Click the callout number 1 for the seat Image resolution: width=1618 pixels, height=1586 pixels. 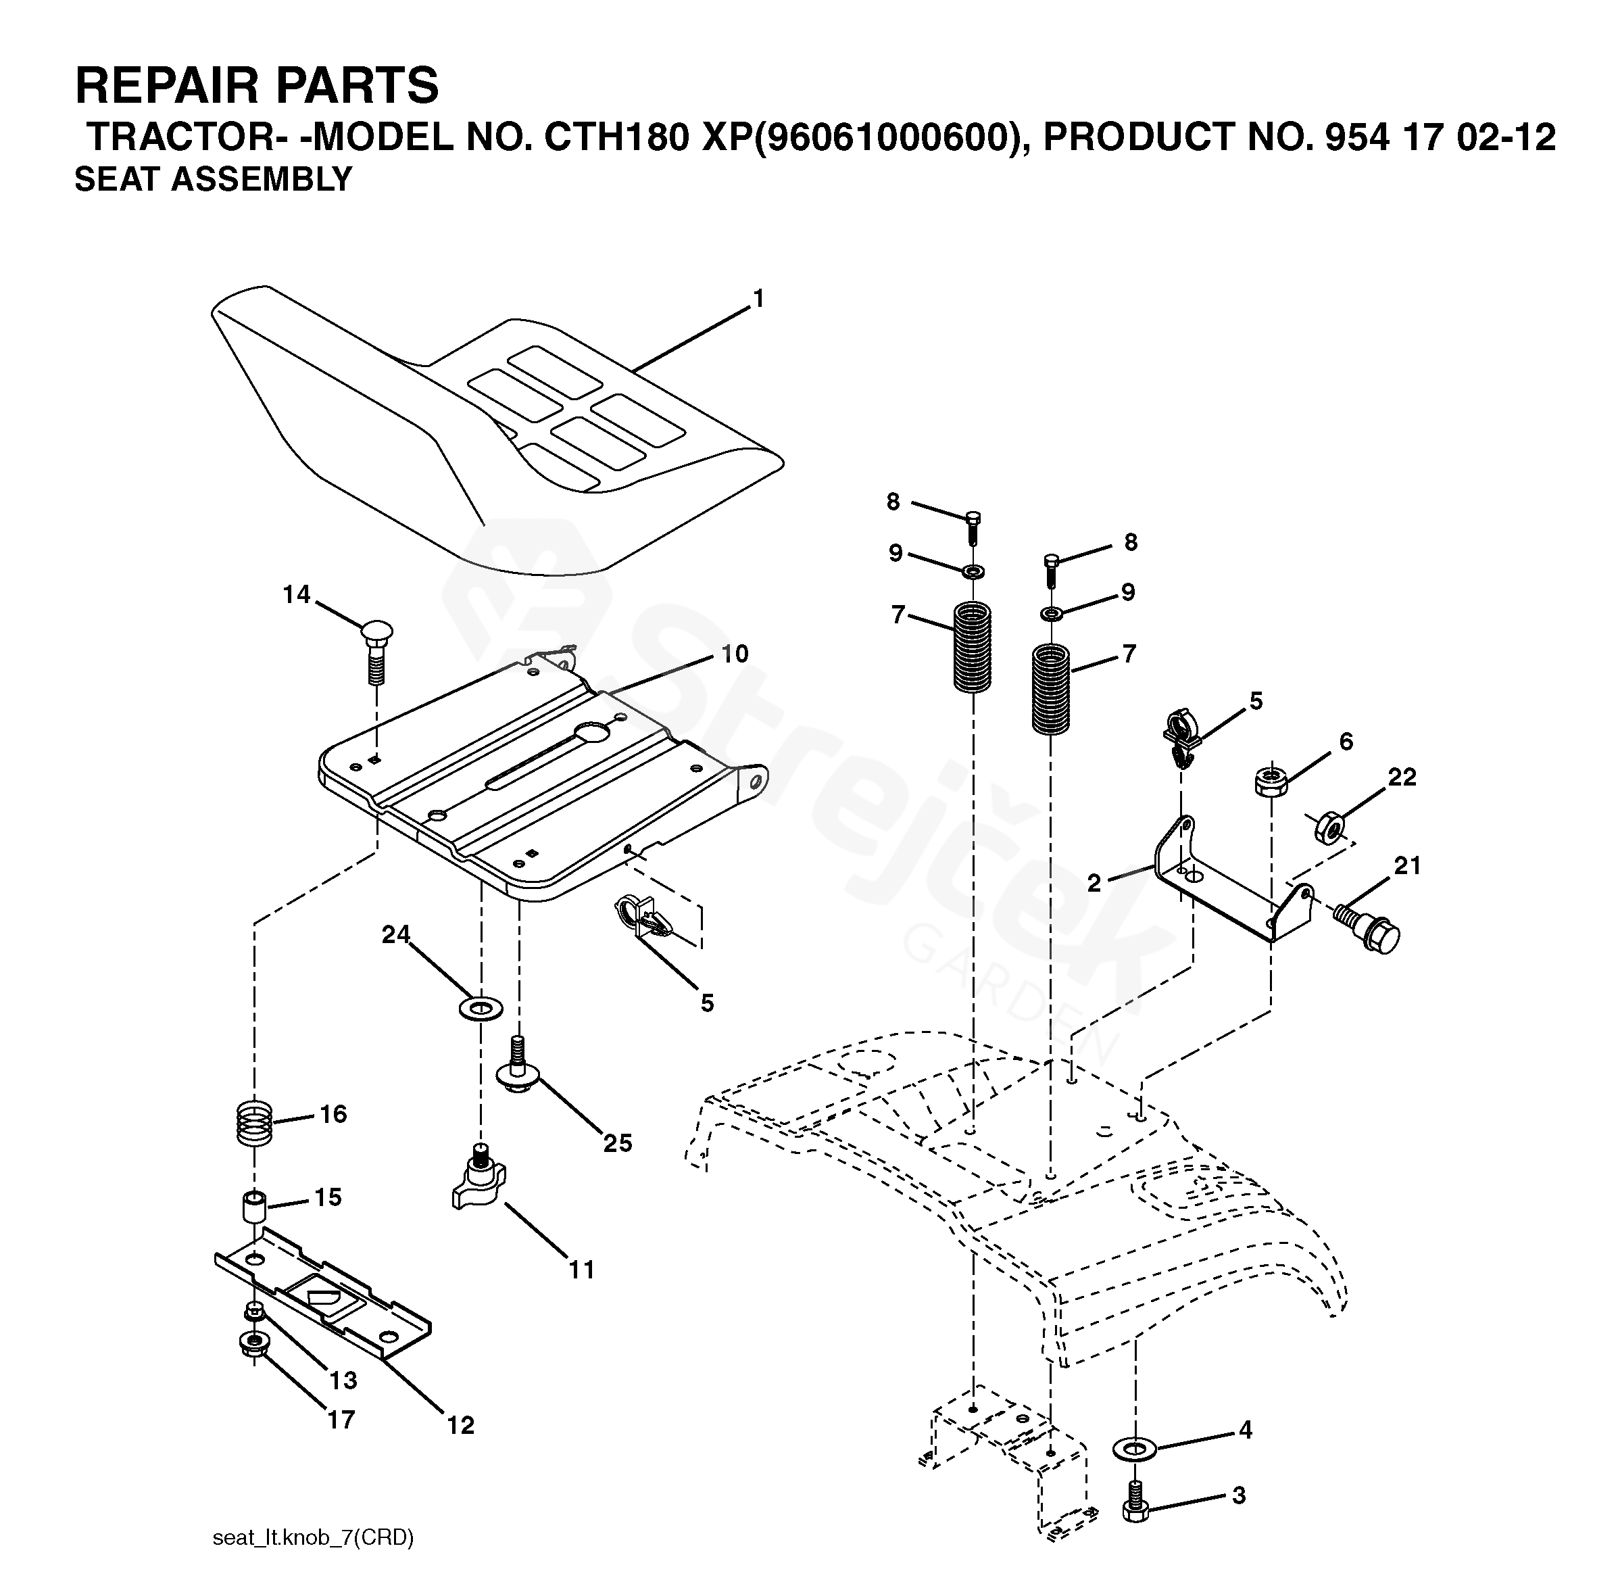pyautogui.click(x=758, y=299)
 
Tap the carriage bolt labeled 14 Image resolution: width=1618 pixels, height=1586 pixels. pyautogui.click(x=376, y=650)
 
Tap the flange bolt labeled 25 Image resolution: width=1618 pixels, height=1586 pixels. pyautogui.click(x=517, y=1066)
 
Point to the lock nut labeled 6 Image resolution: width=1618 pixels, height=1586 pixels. pyautogui.click(x=1271, y=782)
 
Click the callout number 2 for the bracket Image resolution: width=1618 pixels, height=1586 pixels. pyautogui.click(x=1094, y=883)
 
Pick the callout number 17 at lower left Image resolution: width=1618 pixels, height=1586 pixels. pyautogui.click(x=341, y=1420)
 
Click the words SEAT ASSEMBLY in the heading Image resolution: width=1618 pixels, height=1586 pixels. pyautogui.click(x=213, y=179)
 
